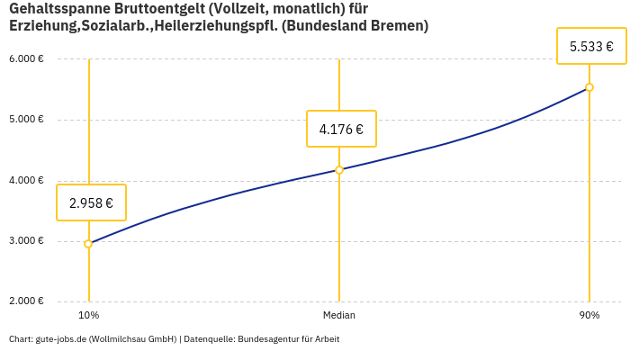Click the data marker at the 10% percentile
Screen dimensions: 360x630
click(x=88, y=244)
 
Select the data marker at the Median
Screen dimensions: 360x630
click(x=339, y=170)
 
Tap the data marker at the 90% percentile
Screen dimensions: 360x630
click(x=589, y=87)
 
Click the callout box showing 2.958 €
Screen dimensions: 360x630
click(x=91, y=202)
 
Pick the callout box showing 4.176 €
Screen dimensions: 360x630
click(x=341, y=129)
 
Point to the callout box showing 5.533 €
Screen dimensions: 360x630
click(x=591, y=46)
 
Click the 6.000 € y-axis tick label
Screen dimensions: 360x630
click(x=26, y=59)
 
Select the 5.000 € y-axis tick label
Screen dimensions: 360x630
click(x=26, y=120)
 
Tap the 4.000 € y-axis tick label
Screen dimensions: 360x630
click(x=26, y=180)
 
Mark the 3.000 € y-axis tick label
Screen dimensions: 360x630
click(x=26, y=241)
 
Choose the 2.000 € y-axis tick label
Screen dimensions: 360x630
click(x=26, y=301)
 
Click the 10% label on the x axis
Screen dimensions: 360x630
click(x=88, y=316)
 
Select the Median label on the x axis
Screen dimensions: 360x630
click(x=339, y=316)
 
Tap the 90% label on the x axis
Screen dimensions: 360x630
click(x=589, y=316)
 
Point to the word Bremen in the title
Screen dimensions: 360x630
click(x=397, y=26)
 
